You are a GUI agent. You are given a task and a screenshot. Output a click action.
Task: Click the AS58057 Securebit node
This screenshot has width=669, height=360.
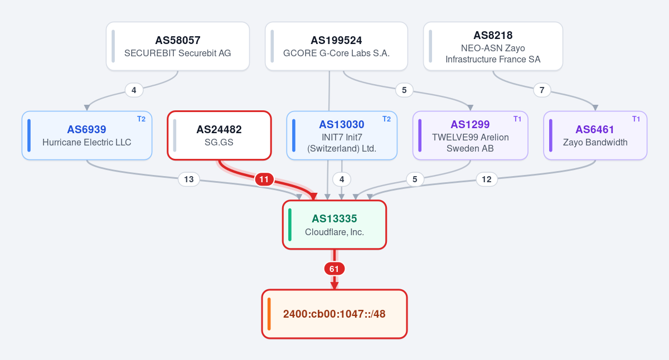click(178, 46)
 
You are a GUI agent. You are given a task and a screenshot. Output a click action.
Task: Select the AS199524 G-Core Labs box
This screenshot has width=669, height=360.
click(336, 46)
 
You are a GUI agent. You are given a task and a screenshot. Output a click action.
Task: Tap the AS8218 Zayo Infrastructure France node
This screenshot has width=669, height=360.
click(493, 46)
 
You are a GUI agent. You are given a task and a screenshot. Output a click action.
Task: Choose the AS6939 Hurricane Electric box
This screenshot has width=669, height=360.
click(87, 135)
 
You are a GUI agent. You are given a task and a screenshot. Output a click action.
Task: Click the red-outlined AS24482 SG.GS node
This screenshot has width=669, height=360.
click(219, 135)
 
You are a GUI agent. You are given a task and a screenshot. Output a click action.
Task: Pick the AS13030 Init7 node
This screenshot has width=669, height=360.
click(342, 135)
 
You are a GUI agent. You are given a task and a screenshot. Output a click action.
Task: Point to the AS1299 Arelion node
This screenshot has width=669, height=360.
click(471, 135)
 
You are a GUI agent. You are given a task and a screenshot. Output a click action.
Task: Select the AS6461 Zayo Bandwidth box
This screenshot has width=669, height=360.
click(595, 135)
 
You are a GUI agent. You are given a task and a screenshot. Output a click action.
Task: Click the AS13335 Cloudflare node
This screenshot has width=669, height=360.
click(334, 225)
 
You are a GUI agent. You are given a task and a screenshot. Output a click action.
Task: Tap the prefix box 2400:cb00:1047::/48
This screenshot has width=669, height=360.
click(334, 314)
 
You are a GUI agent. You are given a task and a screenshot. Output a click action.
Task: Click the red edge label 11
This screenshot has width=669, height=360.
click(264, 179)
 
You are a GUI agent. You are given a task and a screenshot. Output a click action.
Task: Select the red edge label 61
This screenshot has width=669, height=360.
click(334, 269)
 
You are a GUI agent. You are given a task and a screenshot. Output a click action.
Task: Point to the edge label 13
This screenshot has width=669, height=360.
click(189, 179)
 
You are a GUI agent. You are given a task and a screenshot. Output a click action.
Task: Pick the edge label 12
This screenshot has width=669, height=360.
click(487, 179)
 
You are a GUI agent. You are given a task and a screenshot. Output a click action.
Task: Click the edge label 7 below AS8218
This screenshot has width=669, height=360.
click(542, 90)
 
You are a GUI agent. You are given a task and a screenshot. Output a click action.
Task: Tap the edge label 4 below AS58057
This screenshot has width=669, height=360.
click(134, 90)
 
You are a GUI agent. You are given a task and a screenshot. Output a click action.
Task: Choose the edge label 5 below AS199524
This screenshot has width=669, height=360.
click(404, 90)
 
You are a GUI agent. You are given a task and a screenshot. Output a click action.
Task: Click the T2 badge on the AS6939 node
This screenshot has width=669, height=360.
click(141, 119)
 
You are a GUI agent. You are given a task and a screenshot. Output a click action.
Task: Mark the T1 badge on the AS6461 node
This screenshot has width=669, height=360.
click(636, 119)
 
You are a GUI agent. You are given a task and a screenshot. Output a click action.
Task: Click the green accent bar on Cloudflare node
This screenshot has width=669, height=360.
click(290, 225)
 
